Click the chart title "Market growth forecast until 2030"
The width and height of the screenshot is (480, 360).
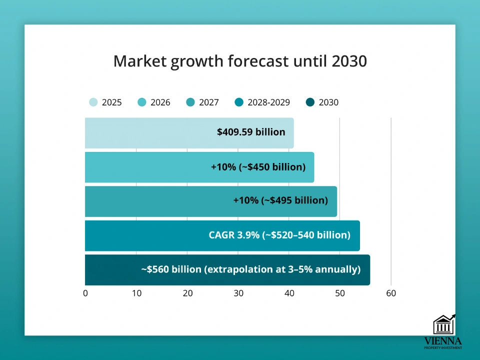[x=240, y=61]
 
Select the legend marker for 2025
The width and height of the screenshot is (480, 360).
[x=93, y=102]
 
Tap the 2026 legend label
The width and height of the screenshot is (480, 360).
[x=160, y=102]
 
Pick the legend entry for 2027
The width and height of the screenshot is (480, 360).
[x=203, y=102]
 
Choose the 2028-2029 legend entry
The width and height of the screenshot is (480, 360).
[x=262, y=102]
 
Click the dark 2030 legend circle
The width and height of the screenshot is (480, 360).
[x=310, y=102]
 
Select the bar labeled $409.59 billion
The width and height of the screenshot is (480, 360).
[x=189, y=132]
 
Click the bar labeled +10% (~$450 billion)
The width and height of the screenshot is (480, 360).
[x=199, y=167]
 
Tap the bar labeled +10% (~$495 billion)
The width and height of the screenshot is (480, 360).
[x=210, y=201]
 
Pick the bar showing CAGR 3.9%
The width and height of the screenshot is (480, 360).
[x=222, y=235]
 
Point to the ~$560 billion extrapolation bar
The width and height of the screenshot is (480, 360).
[x=227, y=269]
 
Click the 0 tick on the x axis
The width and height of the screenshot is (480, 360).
[x=85, y=293]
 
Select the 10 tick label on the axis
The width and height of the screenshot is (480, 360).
[x=136, y=293]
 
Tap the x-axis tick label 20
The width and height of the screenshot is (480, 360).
[x=187, y=293]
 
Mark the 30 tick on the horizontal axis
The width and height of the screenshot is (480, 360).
[x=238, y=293]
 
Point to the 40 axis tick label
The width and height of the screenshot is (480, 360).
[x=289, y=293]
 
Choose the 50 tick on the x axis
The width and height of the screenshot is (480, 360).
[x=340, y=293]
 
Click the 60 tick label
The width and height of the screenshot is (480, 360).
[x=391, y=293]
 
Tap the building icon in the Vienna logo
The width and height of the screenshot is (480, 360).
[x=443, y=325]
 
